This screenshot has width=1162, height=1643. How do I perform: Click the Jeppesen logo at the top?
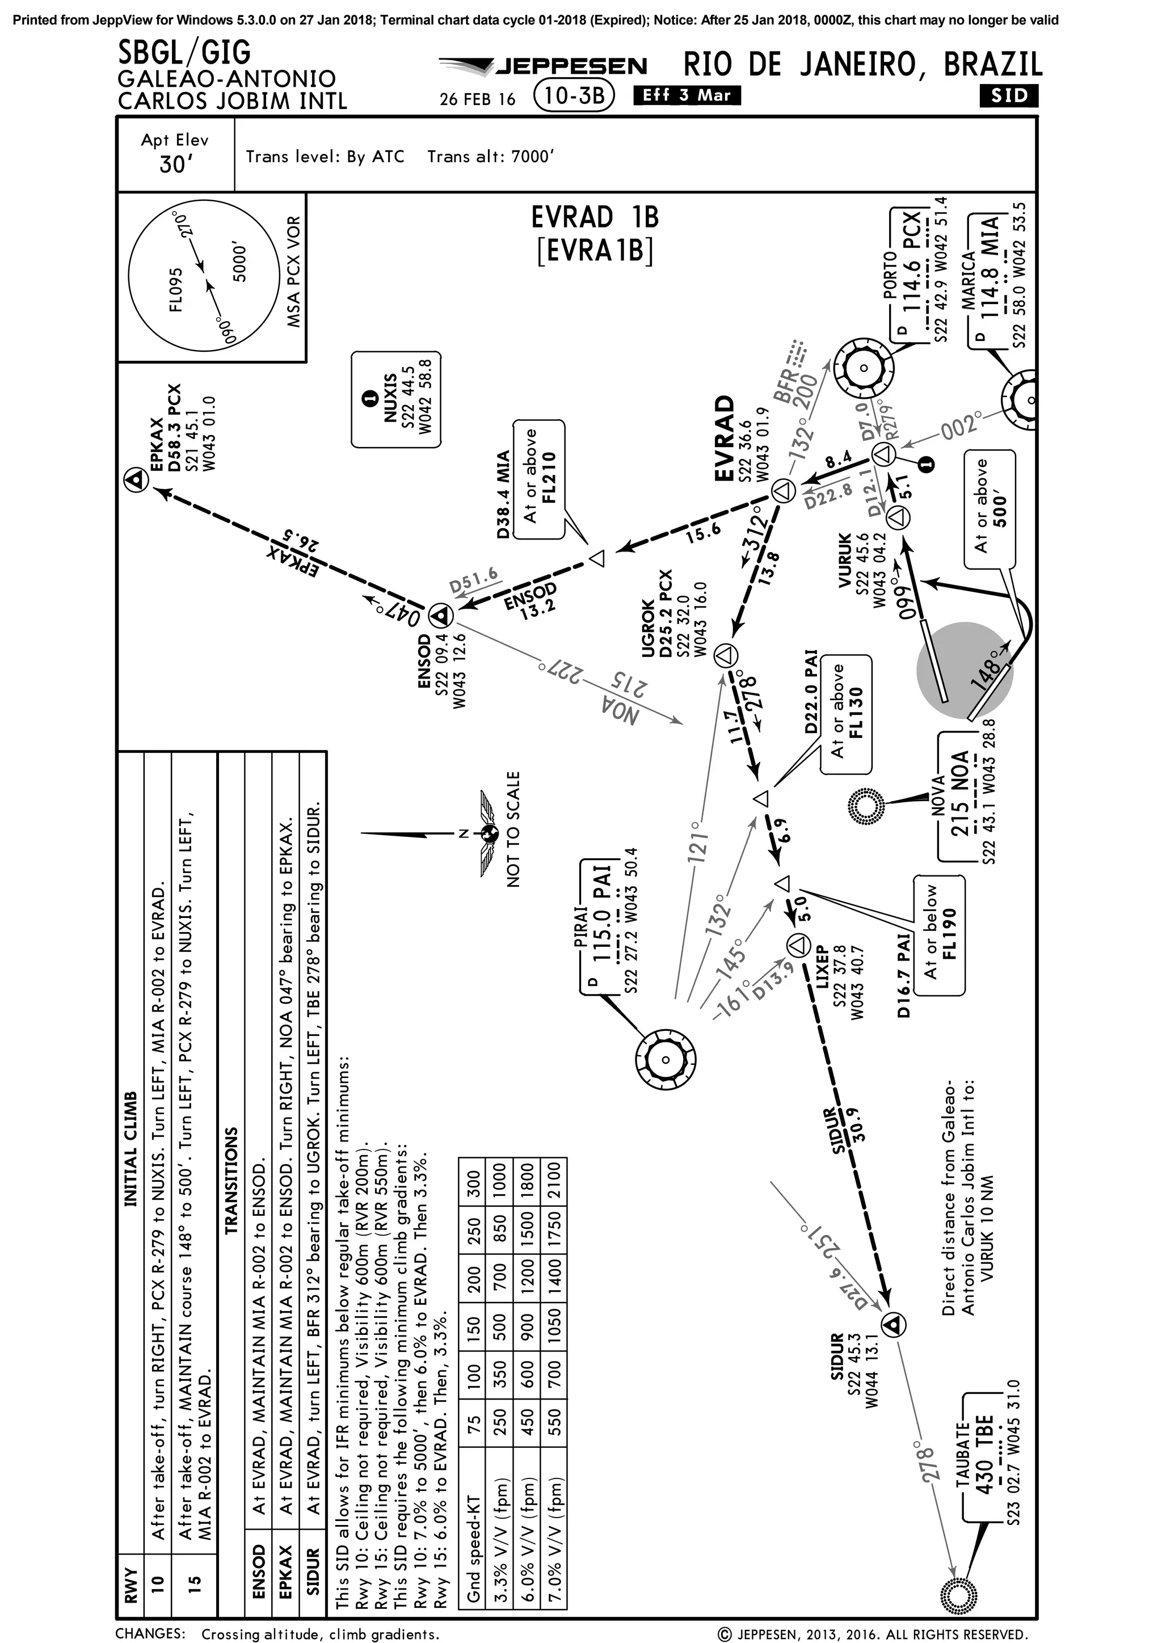click(544, 66)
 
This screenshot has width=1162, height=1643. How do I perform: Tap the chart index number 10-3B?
click(574, 96)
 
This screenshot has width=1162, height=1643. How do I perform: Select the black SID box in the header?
click(1009, 96)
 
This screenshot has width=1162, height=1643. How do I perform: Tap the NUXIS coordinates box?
click(395, 400)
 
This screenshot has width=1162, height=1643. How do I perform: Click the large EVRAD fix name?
click(724, 438)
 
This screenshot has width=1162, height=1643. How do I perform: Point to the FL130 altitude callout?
click(846, 714)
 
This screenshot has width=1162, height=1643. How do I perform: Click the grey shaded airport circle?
click(965, 670)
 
